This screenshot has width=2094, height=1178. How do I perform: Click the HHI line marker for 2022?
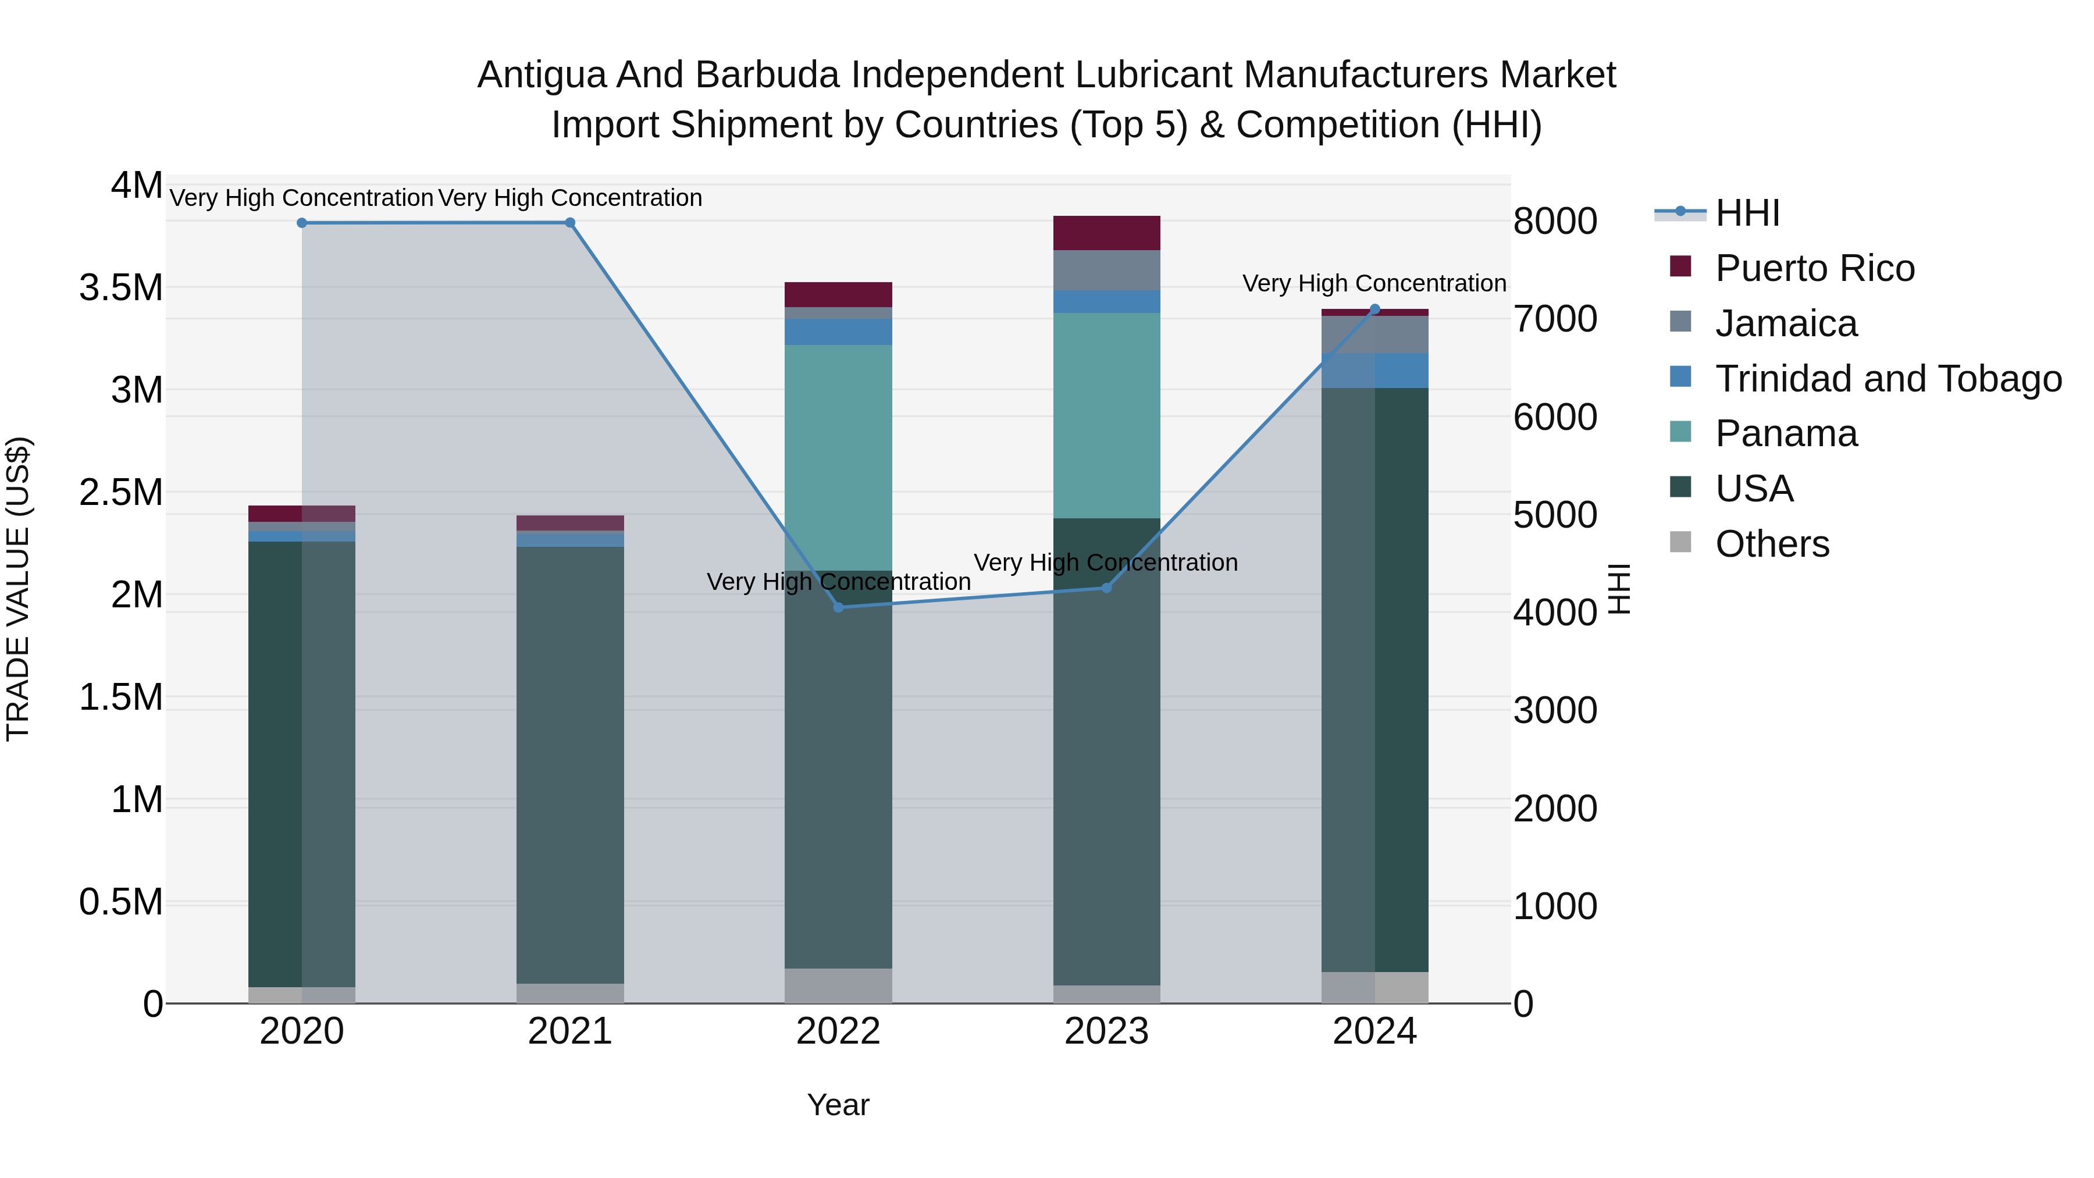pos(838,607)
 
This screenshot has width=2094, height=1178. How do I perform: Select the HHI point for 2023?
pos(1106,588)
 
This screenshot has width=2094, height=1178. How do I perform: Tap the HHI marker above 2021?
pos(570,223)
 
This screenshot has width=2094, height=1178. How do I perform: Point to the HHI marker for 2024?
pos(1374,309)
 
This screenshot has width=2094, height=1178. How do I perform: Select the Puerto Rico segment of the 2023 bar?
pos(1106,233)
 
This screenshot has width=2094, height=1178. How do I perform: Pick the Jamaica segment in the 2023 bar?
pos(1106,270)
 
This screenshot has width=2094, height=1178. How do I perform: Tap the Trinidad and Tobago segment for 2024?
pos(1374,371)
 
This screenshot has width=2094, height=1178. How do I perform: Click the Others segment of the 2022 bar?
pos(838,985)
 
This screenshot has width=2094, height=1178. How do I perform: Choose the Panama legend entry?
pos(1786,433)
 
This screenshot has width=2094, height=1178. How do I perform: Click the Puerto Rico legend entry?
pos(1814,268)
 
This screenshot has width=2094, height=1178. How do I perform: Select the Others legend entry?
pos(1772,544)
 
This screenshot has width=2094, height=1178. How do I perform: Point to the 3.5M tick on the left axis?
pos(121,288)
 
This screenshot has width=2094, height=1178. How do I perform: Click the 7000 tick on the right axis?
pos(1555,319)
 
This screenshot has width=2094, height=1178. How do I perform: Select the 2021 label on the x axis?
pos(570,1031)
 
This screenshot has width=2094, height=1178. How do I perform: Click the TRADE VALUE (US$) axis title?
pos(19,589)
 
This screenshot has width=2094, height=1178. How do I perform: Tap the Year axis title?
pos(838,1105)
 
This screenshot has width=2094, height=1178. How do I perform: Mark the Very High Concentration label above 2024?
pos(1374,284)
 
